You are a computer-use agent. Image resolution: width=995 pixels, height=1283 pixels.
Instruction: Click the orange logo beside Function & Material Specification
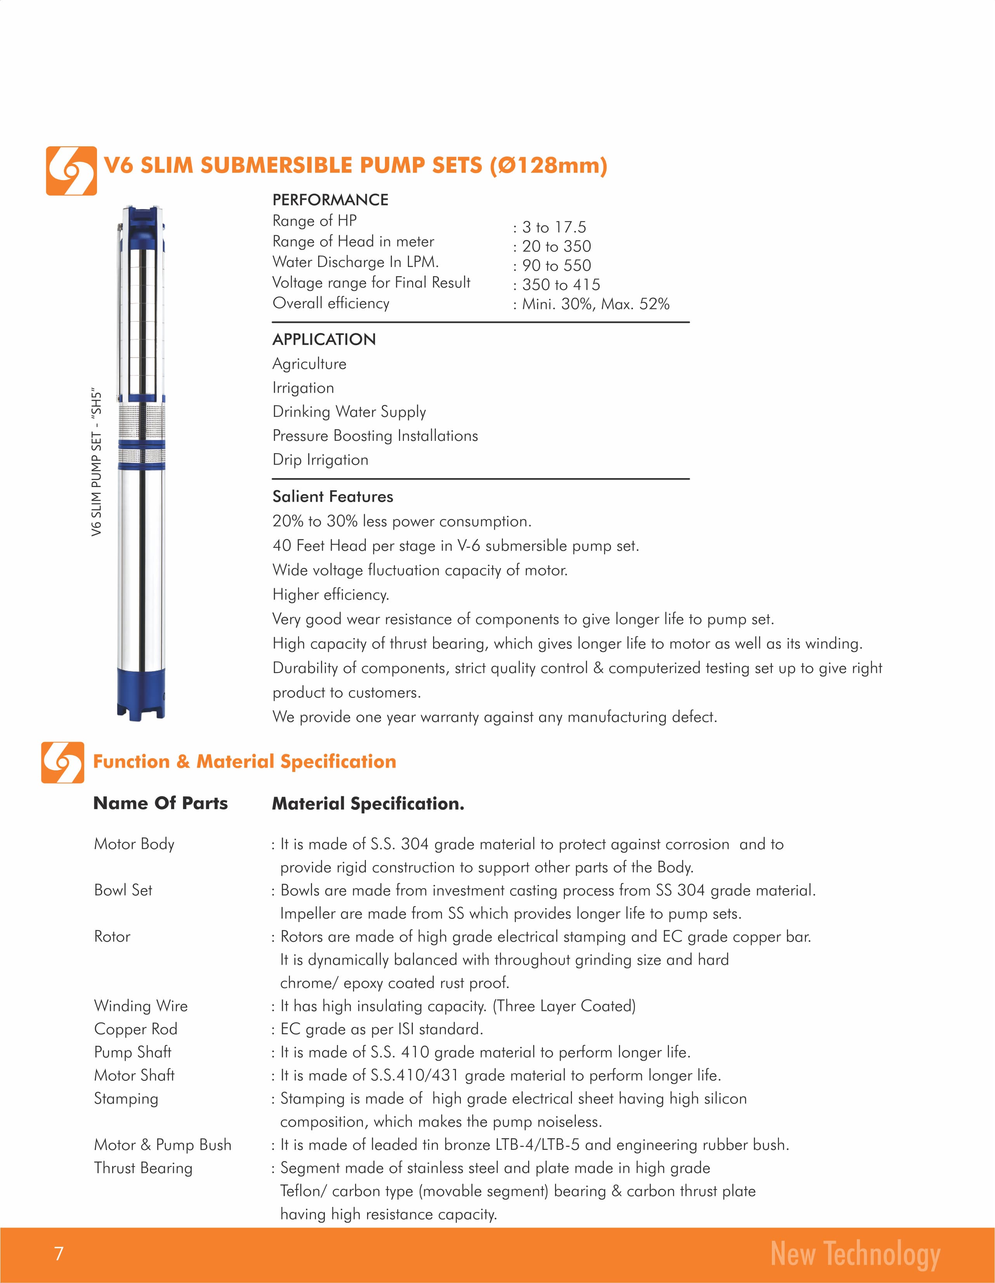(62, 762)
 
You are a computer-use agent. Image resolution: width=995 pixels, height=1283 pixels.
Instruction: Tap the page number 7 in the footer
(58, 1254)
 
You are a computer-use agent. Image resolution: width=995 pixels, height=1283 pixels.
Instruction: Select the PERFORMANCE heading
(330, 200)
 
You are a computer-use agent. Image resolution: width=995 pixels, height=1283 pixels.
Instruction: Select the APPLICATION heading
(324, 340)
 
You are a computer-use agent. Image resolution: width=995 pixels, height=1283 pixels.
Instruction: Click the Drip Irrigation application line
(320, 459)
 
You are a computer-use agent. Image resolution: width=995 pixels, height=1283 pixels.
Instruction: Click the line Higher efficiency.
(331, 595)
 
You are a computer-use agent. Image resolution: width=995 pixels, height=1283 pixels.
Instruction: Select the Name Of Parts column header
(160, 803)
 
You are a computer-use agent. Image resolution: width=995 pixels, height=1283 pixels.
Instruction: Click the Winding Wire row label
(141, 1006)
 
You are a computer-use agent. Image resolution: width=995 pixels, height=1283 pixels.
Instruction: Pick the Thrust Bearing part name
(143, 1168)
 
